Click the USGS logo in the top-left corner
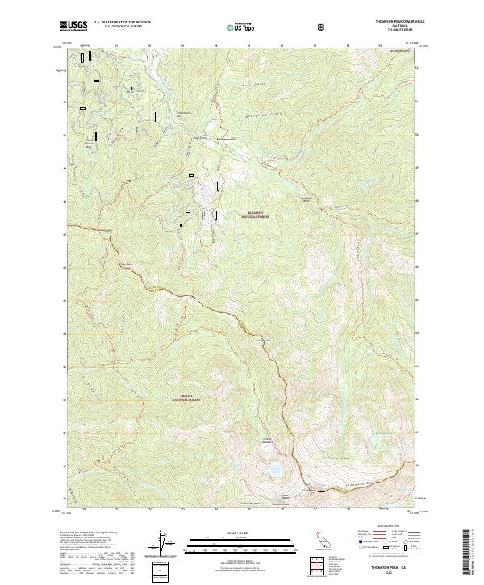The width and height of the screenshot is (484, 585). click(74, 27)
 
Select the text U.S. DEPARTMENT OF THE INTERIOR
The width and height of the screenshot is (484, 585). click(123, 23)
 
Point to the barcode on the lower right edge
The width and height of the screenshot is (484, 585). click(470, 552)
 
